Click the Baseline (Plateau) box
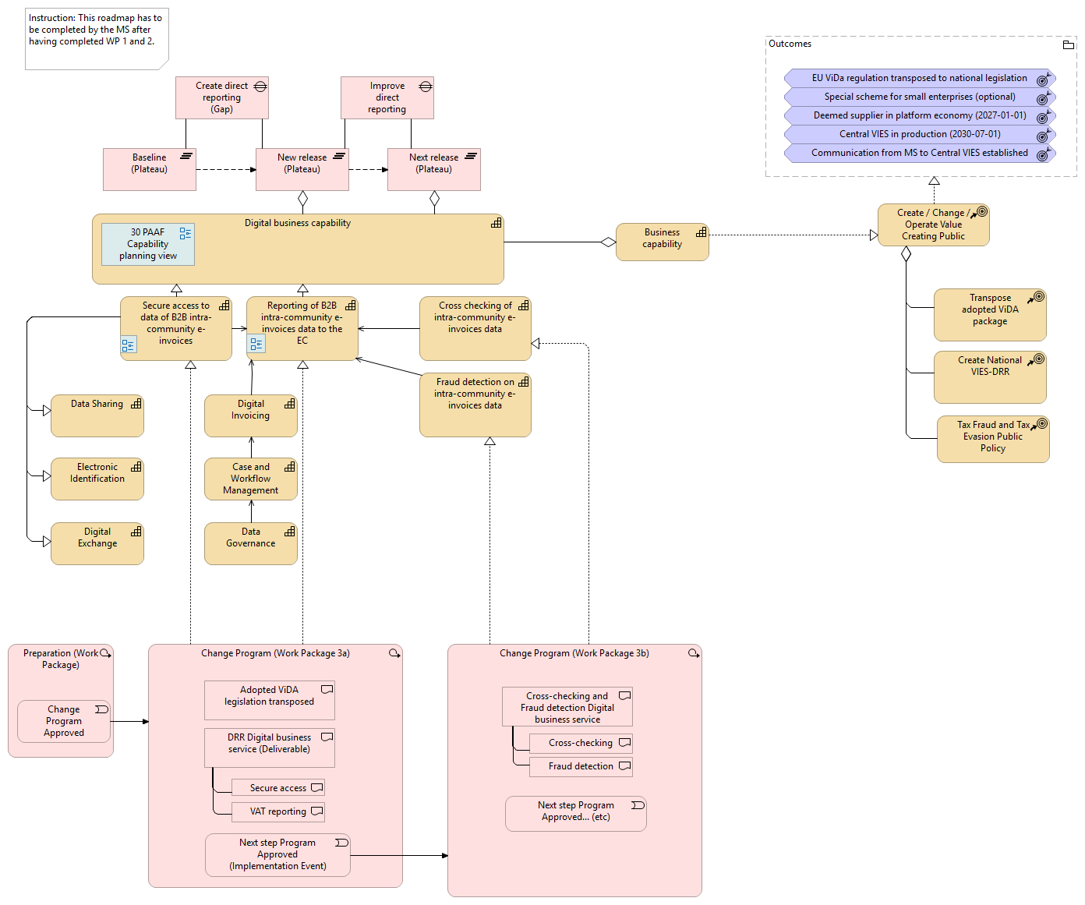pos(149,169)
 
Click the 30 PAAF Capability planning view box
pos(147,244)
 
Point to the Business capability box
pos(662,242)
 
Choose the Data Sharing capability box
pos(97,415)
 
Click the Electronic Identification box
pos(97,479)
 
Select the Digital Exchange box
pos(97,543)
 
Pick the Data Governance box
pos(250,543)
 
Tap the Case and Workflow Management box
pos(250,479)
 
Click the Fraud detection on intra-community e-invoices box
pos(475,405)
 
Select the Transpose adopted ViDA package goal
pos(989,315)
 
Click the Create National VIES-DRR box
pos(989,376)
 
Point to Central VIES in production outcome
pos(919,134)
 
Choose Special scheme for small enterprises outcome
pos(919,97)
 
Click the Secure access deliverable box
pos(277,788)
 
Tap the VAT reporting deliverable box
pos(277,811)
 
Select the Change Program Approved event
pos(64,721)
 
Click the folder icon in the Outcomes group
pos(1068,45)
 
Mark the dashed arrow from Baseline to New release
pos(225,169)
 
